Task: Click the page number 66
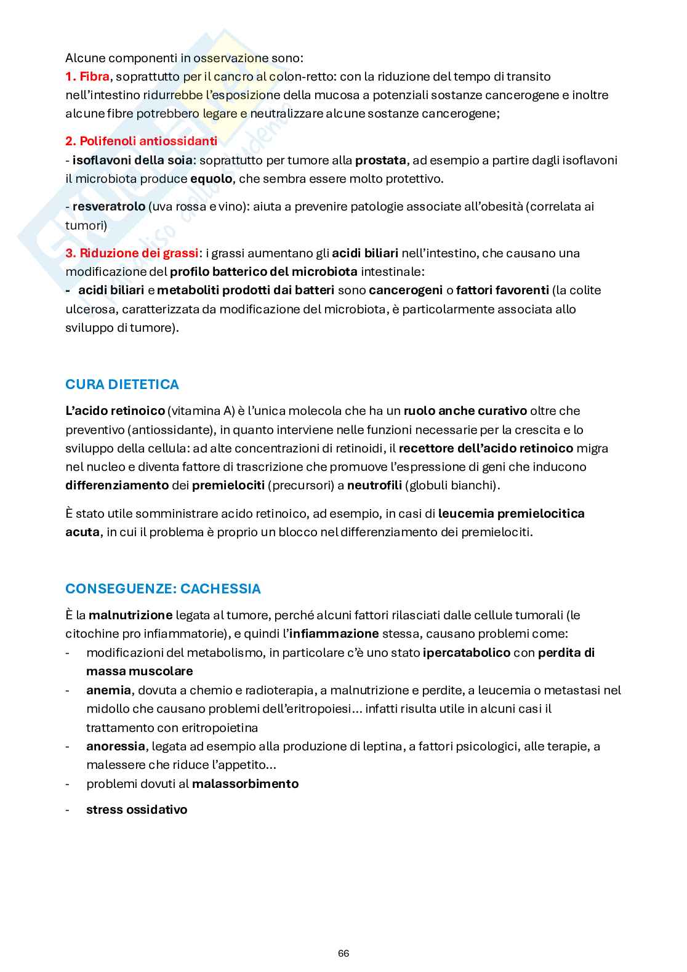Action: pyautogui.click(x=343, y=953)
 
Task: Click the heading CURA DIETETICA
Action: pyautogui.click(x=122, y=385)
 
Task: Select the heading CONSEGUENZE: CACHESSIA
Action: pyautogui.click(x=163, y=589)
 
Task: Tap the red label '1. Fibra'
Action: pyautogui.click(x=87, y=76)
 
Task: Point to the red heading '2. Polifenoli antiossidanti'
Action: pyautogui.click(x=141, y=141)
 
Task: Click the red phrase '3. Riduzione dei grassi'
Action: pyautogui.click(x=132, y=253)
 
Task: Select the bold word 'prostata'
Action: pyautogui.click(x=380, y=160)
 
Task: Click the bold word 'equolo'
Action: pyautogui.click(x=211, y=179)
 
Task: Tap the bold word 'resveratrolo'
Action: pyautogui.click(x=109, y=206)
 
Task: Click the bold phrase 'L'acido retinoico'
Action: pyautogui.click(x=115, y=411)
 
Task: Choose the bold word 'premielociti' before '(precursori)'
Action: pyautogui.click(x=228, y=485)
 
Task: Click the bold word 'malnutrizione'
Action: pyautogui.click(x=131, y=615)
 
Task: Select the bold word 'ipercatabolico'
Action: pyautogui.click(x=467, y=653)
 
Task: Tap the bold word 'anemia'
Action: pyautogui.click(x=108, y=690)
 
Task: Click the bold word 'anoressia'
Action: pyautogui.click(x=116, y=746)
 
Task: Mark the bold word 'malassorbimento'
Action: pyautogui.click(x=245, y=784)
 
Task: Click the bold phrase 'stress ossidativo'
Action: pyautogui.click(x=137, y=809)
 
